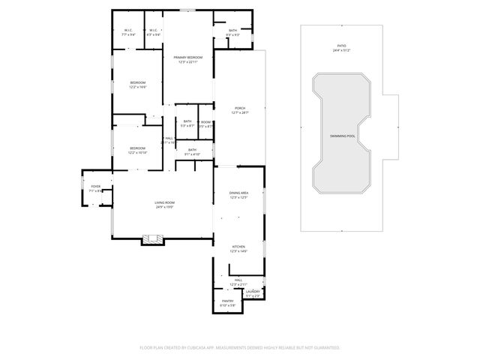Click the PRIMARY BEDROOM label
tap(187, 58)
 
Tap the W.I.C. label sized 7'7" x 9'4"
tap(129, 31)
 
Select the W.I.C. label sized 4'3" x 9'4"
tap(153, 31)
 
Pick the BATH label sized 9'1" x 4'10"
tap(193, 151)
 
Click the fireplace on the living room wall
tap(153, 240)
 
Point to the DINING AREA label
tap(238, 194)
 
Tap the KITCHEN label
tap(238, 247)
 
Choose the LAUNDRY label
tap(253, 292)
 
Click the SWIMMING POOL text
tap(342, 136)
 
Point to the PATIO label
tap(341, 46)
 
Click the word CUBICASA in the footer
tap(194, 348)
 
